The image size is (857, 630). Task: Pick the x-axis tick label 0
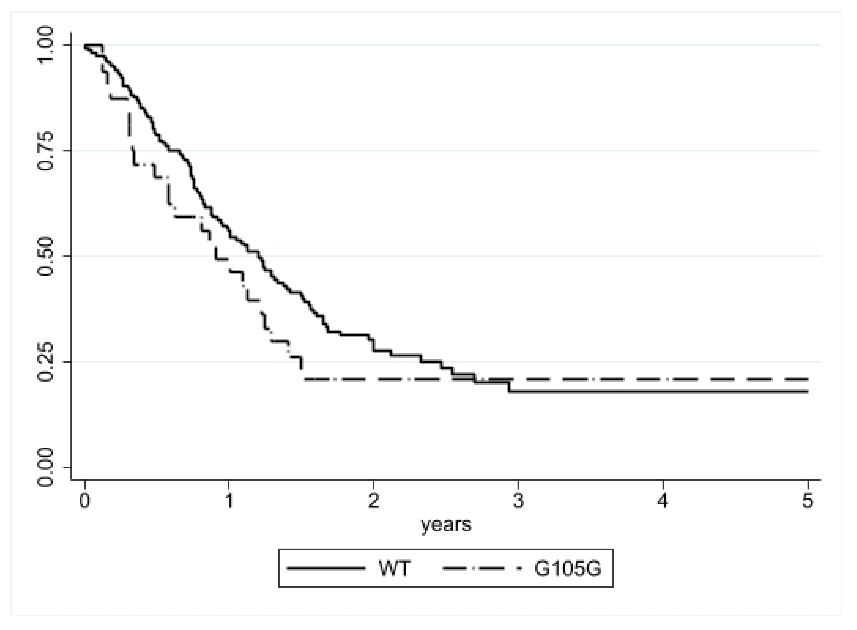[x=85, y=501]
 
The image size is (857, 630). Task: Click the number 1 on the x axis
[x=229, y=501]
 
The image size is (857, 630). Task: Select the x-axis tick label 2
[x=373, y=501]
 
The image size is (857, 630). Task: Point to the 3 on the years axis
[x=518, y=501]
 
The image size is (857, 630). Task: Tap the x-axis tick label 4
[x=663, y=501]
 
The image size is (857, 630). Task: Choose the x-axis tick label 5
[x=807, y=501]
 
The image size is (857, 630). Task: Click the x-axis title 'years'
[x=446, y=524]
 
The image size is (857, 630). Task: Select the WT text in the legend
[x=394, y=569]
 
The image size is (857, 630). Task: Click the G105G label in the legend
[x=567, y=569]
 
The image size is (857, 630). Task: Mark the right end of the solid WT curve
[x=807, y=392]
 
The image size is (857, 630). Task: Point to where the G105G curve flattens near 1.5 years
[x=304, y=378]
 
